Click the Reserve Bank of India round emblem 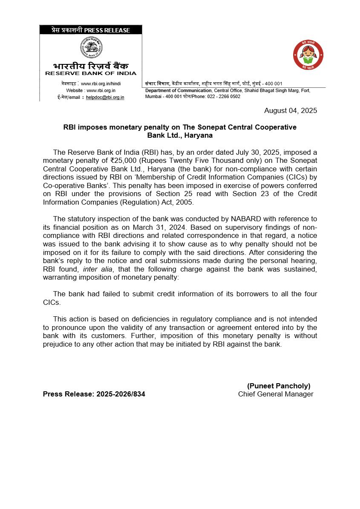coord(91,48)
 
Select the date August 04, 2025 coord(291,111)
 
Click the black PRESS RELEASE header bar coord(91,30)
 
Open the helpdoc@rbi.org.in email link coord(105,97)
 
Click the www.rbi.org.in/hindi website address coord(101,84)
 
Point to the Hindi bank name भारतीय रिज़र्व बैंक coord(91,66)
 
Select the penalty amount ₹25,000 coord(123,160)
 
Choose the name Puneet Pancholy coord(279,386)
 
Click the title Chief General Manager coord(276,394)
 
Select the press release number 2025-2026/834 coord(121,394)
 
